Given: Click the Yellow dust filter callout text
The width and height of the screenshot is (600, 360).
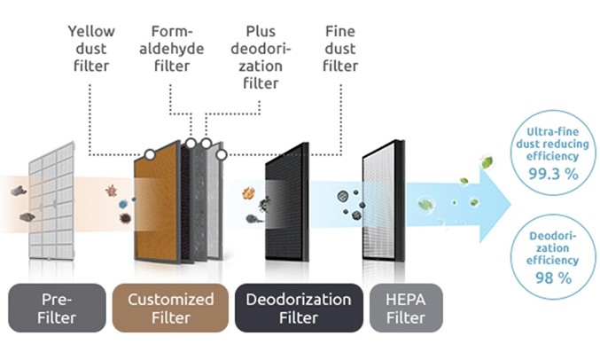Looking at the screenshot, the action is pyautogui.click(x=91, y=49).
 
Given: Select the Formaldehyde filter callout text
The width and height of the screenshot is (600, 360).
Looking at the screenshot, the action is pyautogui.click(x=171, y=49).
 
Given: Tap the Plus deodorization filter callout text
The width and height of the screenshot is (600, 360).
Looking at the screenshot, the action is pyautogui.click(x=261, y=57).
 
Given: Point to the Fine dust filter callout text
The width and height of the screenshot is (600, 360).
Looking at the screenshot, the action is pyautogui.click(x=340, y=49).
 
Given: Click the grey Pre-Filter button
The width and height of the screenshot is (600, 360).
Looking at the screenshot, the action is pyautogui.click(x=57, y=308).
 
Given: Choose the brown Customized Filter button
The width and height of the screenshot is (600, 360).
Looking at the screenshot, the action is pyautogui.click(x=171, y=308).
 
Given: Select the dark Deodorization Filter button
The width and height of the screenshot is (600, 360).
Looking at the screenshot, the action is pyautogui.click(x=299, y=308).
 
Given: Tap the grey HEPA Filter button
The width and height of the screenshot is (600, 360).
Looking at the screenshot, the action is pyautogui.click(x=406, y=308).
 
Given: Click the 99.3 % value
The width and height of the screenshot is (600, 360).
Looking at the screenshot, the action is pyautogui.click(x=553, y=175).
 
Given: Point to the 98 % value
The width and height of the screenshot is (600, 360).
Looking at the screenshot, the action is pyautogui.click(x=553, y=278).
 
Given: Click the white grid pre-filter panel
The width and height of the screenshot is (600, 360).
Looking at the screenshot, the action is pyautogui.click(x=52, y=201).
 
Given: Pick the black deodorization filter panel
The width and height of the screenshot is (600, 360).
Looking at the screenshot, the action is pyautogui.click(x=287, y=202).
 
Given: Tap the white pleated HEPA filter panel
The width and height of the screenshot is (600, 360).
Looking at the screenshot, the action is pyautogui.click(x=384, y=200).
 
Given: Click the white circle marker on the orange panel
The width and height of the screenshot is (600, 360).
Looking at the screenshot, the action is pyautogui.click(x=150, y=154).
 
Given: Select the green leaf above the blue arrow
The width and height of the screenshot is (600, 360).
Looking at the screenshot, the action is pyautogui.click(x=487, y=162).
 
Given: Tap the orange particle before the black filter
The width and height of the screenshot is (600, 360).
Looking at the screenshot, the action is pyautogui.click(x=248, y=193).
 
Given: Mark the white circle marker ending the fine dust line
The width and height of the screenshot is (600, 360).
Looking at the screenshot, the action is pyautogui.click(x=222, y=154).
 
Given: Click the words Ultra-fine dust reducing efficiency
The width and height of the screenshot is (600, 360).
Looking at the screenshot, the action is pyautogui.click(x=552, y=144).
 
